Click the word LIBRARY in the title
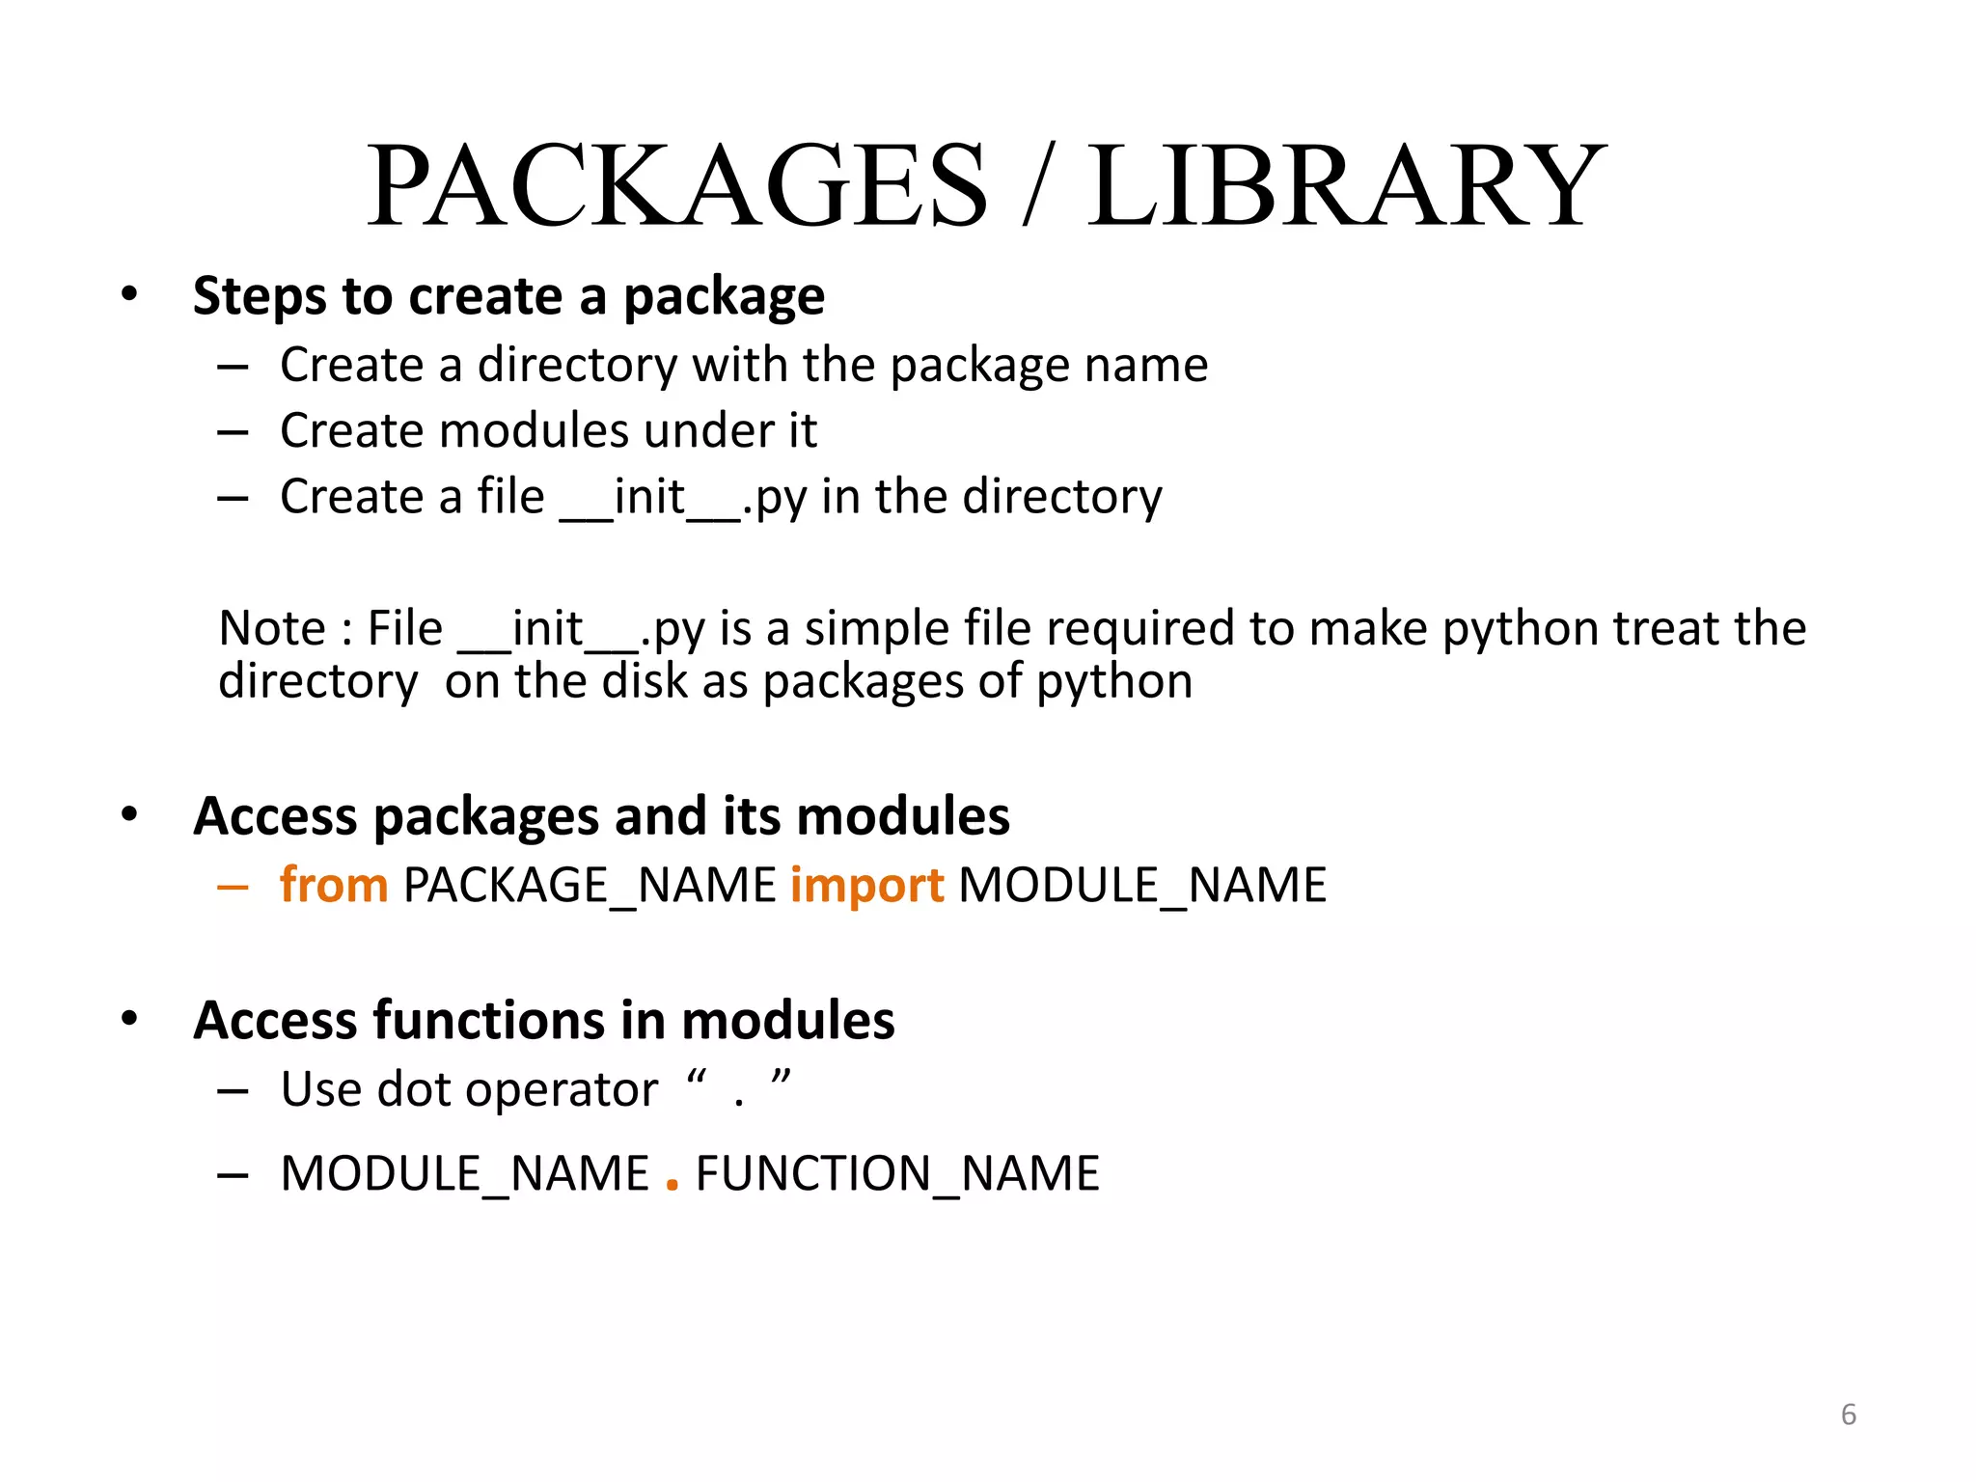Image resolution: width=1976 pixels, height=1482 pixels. [x=1347, y=185]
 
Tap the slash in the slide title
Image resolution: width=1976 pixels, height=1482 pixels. [x=1038, y=185]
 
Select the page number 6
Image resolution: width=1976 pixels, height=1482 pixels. [x=1848, y=1414]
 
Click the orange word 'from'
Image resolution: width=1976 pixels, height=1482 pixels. [x=334, y=885]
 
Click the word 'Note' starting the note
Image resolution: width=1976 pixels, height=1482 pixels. [x=272, y=629]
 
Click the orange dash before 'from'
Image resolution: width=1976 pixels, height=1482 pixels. [x=233, y=886]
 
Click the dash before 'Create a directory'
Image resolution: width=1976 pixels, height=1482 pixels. [x=233, y=367]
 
